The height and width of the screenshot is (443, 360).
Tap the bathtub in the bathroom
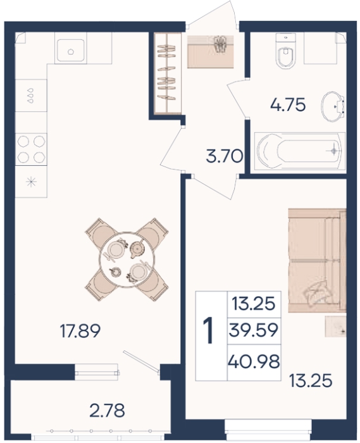[299, 151]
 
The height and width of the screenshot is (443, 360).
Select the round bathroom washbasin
[332, 106]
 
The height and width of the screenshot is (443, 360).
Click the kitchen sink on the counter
[71, 51]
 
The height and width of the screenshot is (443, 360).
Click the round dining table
[127, 259]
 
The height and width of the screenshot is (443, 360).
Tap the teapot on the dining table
[138, 249]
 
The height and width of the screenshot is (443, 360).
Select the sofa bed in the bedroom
[317, 260]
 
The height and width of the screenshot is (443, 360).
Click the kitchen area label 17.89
[80, 332]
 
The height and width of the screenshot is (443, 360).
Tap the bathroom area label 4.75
[288, 106]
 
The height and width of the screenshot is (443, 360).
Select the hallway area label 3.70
[225, 156]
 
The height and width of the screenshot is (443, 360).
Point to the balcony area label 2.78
[107, 411]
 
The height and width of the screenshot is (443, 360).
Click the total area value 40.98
[254, 361]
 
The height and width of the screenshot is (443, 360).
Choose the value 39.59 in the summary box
[254, 330]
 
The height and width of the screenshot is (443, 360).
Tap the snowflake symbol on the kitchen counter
[31, 182]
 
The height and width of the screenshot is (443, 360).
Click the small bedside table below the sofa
[336, 327]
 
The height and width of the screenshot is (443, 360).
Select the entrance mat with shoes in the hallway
[211, 51]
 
